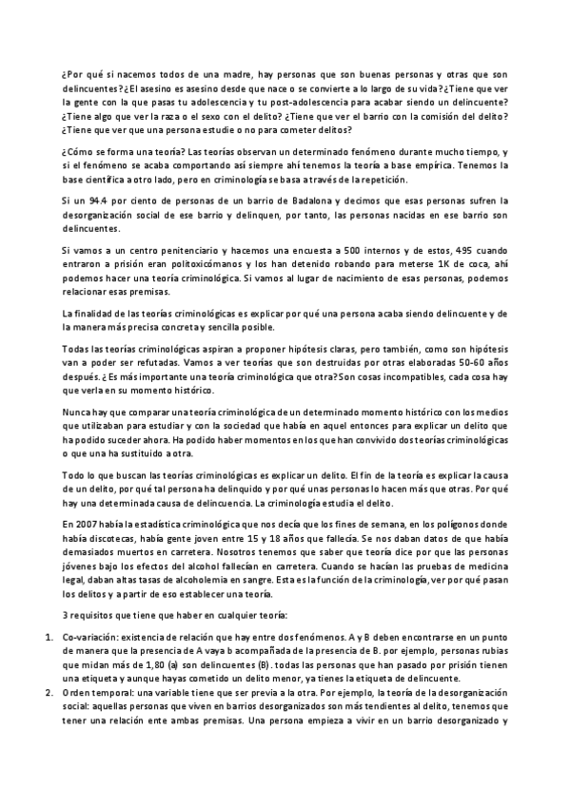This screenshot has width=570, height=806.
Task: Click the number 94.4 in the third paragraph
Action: point(89,201)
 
